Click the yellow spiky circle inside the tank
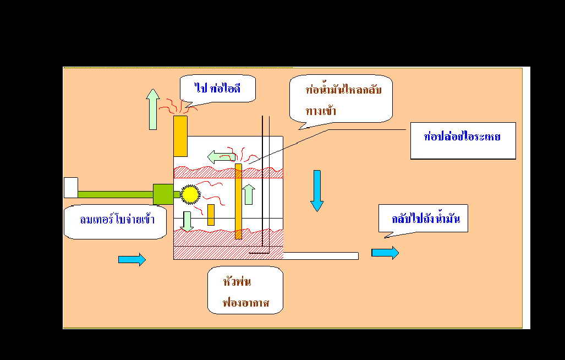point(190,194)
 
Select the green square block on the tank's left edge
point(163,194)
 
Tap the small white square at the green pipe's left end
point(71,188)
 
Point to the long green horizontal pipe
point(115,194)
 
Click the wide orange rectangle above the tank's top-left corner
point(180,136)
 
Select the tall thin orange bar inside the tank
point(238,201)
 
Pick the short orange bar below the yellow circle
point(211,215)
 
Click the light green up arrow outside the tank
point(152,110)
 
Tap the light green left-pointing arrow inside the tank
point(221,157)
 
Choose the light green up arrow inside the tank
point(249,194)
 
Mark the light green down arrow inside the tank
point(187,221)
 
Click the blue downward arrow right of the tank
point(317,190)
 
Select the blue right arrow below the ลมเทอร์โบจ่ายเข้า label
point(132,259)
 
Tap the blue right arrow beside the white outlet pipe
point(385,253)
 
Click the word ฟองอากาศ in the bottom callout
point(245,303)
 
